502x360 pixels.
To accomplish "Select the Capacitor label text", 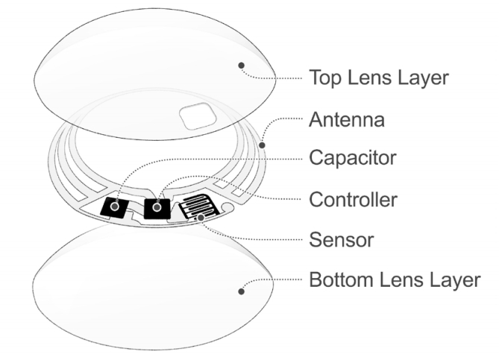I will coord(363,159).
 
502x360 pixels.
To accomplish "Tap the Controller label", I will coord(363,199).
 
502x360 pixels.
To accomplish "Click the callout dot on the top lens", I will coord(241,66).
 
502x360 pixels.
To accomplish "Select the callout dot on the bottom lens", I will coord(241,291).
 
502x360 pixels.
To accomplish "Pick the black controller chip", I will coord(158,208).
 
